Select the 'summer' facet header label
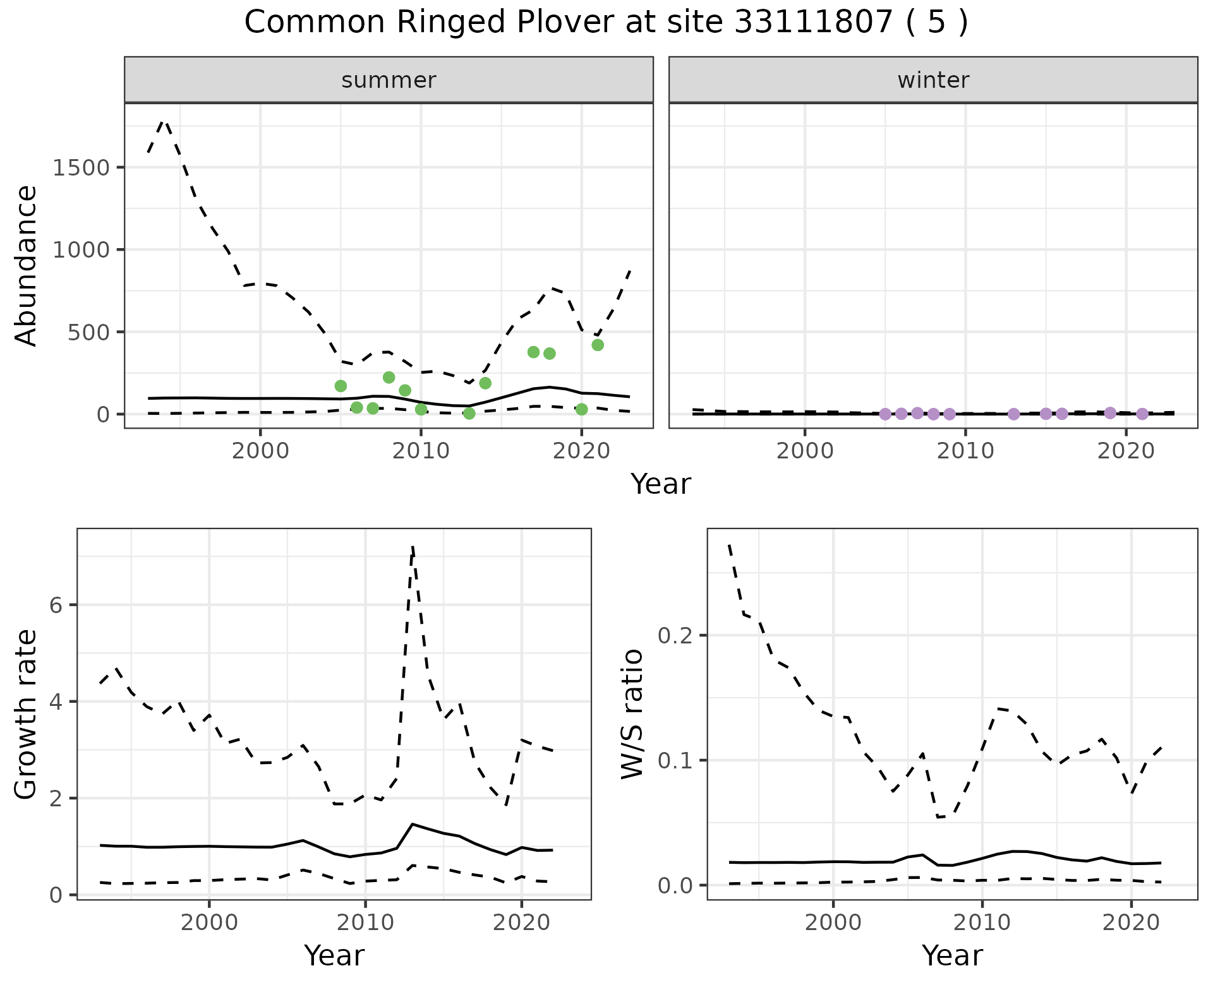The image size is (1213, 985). tap(389, 80)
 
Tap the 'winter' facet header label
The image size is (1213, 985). tap(933, 80)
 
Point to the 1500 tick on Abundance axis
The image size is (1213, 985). tap(82, 168)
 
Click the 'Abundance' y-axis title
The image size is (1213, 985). tap(27, 265)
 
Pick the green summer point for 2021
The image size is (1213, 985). tap(598, 345)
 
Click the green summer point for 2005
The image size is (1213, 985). tap(341, 386)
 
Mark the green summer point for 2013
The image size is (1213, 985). tap(469, 414)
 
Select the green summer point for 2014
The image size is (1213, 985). tap(485, 383)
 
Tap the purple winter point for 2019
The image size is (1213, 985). tap(1110, 413)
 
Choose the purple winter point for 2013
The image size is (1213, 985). tap(1014, 414)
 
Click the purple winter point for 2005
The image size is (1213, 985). tap(885, 414)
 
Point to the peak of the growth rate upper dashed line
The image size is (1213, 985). tap(413, 547)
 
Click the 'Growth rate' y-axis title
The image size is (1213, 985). tap(27, 715)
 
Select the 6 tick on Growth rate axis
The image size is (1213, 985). tap(56, 606)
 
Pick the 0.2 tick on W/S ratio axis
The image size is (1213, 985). tap(674, 635)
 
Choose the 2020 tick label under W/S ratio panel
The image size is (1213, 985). tap(1131, 922)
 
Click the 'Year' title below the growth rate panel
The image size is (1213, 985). tap(334, 955)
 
